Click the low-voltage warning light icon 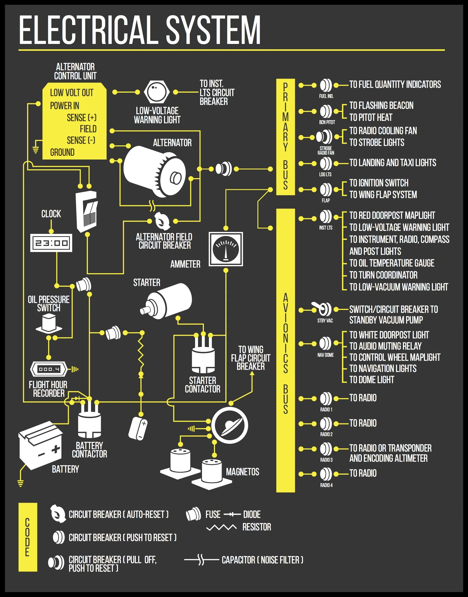[x=157, y=92]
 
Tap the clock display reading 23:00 [x=51, y=243]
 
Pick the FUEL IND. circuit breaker [x=326, y=85]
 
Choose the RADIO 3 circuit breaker [x=326, y=449]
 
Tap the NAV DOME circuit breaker [x=326, y=344]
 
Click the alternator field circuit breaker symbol [x=162, y=221]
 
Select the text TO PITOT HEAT [x=370, y=117]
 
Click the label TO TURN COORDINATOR [x=383, y=275]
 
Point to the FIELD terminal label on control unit [x=88, y=129]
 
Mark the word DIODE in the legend [x=252, y=514]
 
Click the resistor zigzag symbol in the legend [x=221, y=527]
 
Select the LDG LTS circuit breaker [x=326, y=164]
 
